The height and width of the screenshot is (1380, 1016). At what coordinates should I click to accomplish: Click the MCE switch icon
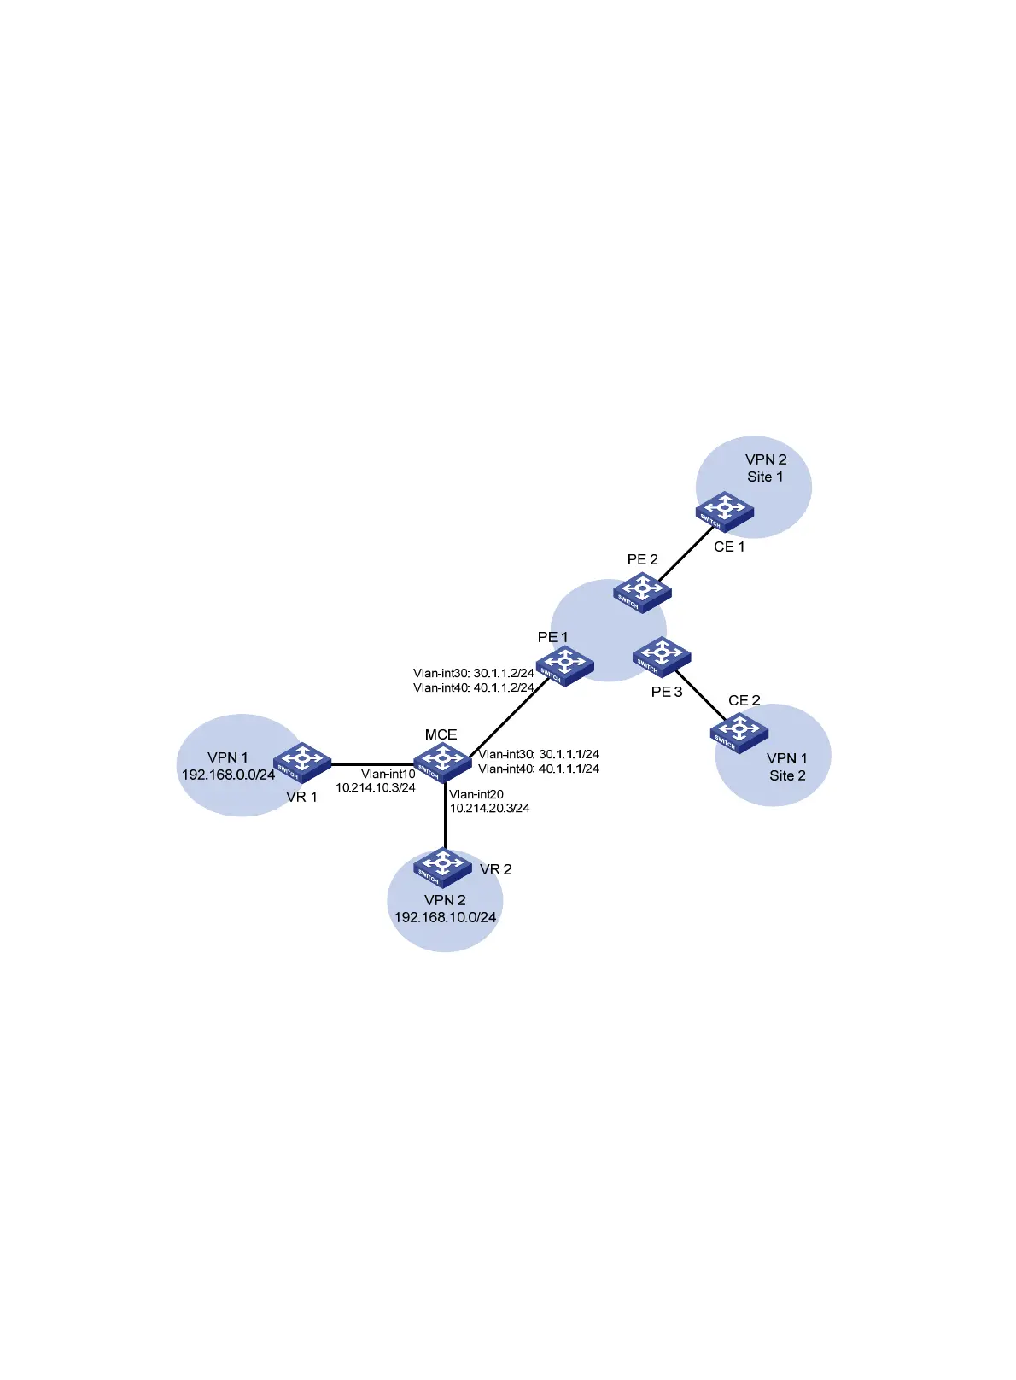pyautogui.click(x=442, y=760)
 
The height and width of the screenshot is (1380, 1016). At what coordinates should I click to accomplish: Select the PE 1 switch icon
pyautogui.click(x=565, y=664)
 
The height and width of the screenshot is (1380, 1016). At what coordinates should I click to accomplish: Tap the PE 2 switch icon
pyautogui.click(x=642, y=593)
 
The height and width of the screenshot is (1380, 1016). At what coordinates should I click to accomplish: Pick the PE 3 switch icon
pyautogui.click(x=662, y=657)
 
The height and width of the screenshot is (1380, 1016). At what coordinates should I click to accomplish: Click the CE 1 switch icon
pyautogui.click(x=725, y=510)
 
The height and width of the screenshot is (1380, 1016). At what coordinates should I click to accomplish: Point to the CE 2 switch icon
pyautogui.click(x=739, y=733)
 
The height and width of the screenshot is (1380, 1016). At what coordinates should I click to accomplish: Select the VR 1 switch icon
pyautogui.click(x=302, y=762)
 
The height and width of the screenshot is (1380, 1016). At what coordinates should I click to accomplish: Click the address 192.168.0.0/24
pyautogui.click(x=228, y=775)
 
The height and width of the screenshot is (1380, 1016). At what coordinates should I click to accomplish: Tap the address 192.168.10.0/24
pyautogui.click(x=445, y=917)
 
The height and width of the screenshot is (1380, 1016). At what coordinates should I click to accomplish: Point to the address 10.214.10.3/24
pyautogui.click(x=376, y=787)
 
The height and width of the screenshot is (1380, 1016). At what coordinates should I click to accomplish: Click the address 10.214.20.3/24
pyautogui.click(x=489, y=808)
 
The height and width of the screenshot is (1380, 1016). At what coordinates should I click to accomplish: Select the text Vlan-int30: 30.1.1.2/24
pyautogui.click(x=473, y=673)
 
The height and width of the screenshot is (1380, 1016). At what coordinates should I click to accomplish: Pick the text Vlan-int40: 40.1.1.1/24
pyautogui.click(x=538, y=769)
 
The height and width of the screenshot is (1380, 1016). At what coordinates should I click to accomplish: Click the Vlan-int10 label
pyautogui.click(x=388, y=774)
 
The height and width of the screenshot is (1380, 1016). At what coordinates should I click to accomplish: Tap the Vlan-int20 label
pyautogui.click(x=476, y=794)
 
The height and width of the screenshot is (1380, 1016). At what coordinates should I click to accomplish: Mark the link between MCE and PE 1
pyautogui.click(x=509, y=715)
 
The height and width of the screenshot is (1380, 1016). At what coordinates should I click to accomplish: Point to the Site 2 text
pyautogui.click(x=787, y=775)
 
